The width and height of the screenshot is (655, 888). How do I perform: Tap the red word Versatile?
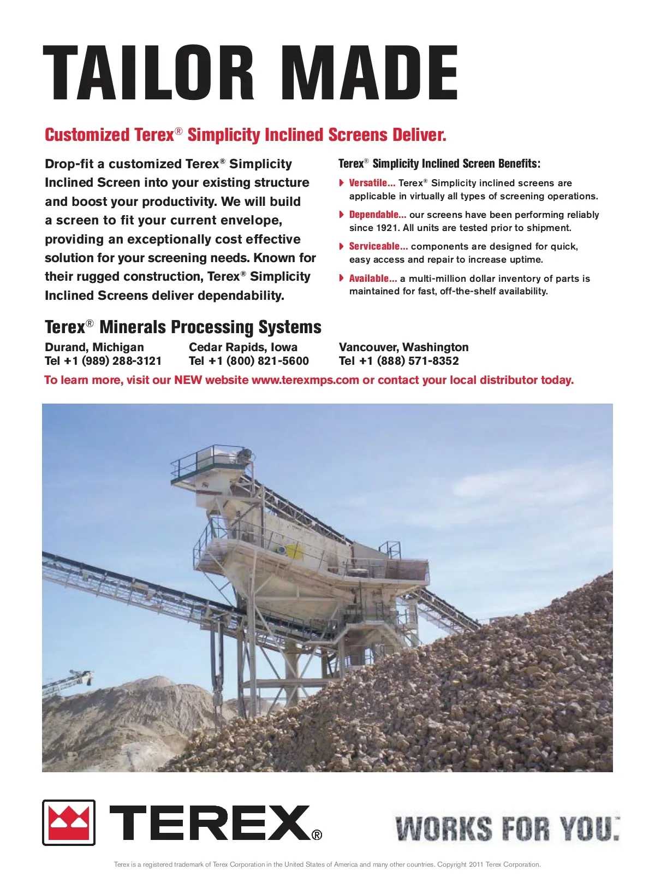pyautogui.click(x=372, y=183)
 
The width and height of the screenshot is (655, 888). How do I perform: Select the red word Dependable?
pyautogui.click(x=377, y=215)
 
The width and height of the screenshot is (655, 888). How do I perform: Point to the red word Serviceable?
pyautogui.click(x=378, y=246)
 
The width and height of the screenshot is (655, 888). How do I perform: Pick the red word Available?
pyautogui.click(x=373, y=279)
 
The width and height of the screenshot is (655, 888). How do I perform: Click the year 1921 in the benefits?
pyautogui.click(x=386, y=228)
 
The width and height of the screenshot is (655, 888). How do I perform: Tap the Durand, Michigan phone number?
pyautogui.click(x=103, y=361)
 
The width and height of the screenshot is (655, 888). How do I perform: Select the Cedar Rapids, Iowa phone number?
pyautogui.click(x=249, y=361)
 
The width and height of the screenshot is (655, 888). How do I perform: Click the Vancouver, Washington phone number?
pyautogui.click(x=399, y=361)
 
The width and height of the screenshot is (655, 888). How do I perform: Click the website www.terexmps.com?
pyautogui.click(x=305, y=380)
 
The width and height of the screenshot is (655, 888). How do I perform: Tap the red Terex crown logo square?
pyautogui.click(x=69, y=822)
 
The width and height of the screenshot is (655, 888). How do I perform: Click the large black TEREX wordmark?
pyautogui.click(x=210, y=822)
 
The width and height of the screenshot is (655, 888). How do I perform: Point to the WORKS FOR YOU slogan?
pyautogui.click(x=507, y=828)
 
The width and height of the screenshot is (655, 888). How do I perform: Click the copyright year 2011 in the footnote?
pyautogui.click(x=475, y=865)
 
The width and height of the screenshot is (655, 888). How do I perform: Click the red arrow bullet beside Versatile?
pyautogui.click(x=342, y=183)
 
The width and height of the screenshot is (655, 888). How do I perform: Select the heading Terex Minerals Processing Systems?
pyautogui.click(x=183, y=327)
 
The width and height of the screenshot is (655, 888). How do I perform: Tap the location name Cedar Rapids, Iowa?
pyautogui.click(x=243, y=347)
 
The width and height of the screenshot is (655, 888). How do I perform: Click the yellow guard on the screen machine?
pyautogui.click(x=294, y=550)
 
